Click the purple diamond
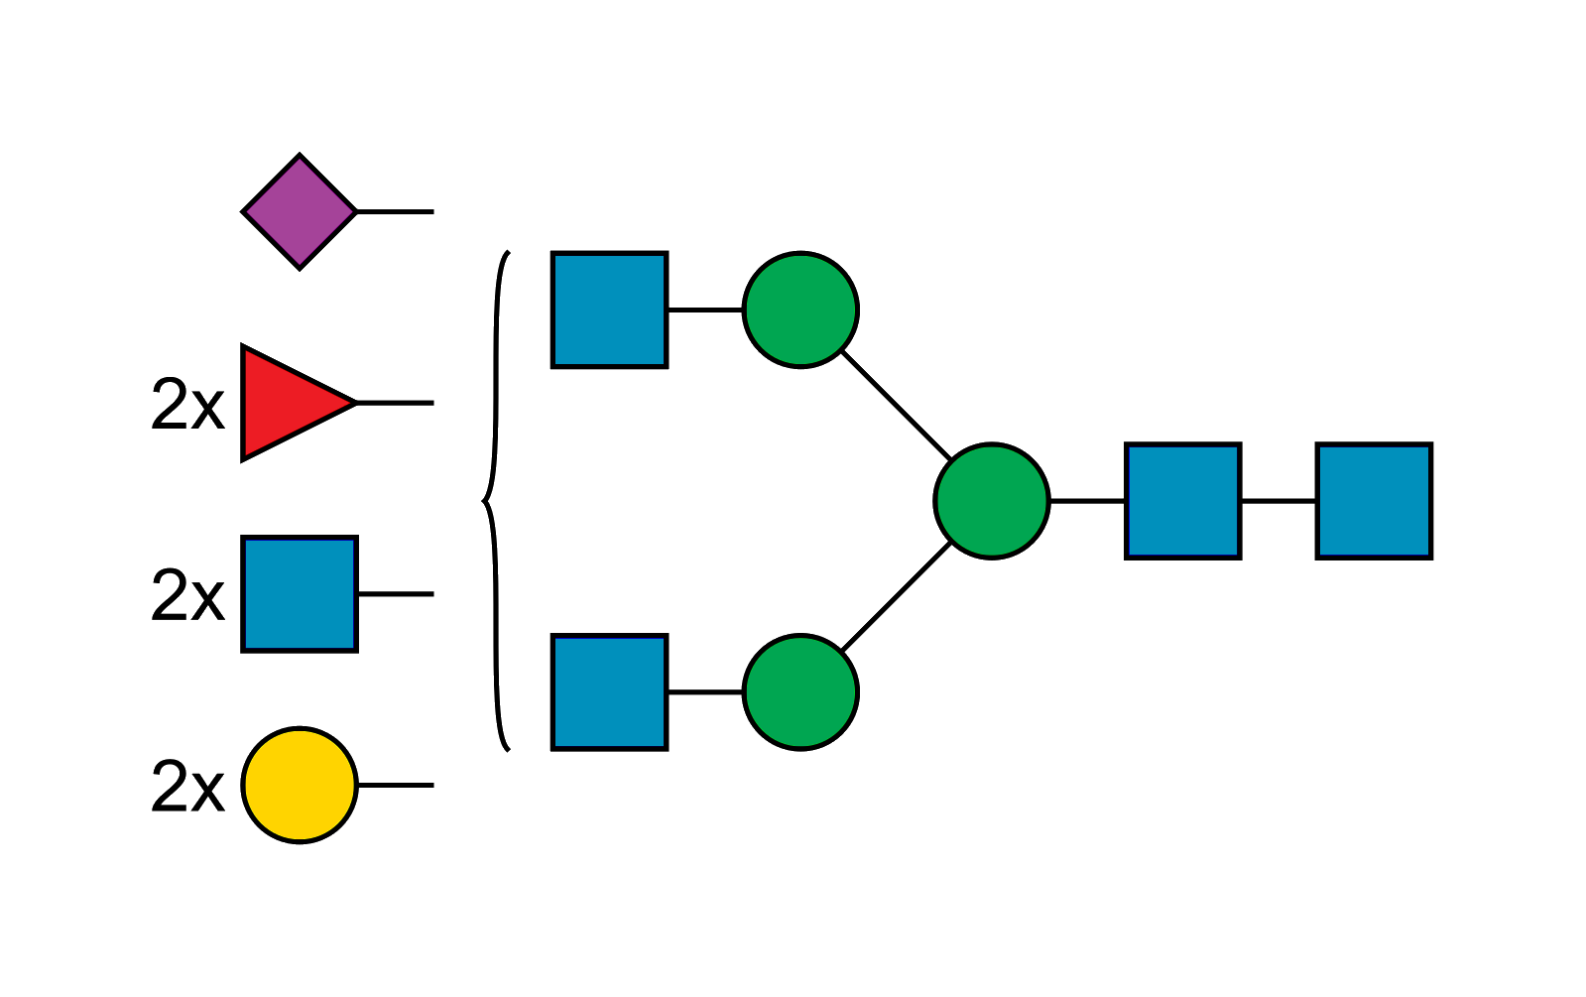pyautogui.click(x=300, y=211)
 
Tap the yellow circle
pyautogui.click(x=300, y=785)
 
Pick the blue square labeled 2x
pyautogui.click(x=300, y=595)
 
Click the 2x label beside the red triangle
pyautogui.click(x=187, y=405)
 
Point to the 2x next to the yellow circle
pyautogui.click(x=187, y=787)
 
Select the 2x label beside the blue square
pyautogui.click(x=187, y=596)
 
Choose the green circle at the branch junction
pyautogui.click(x=991, y=500)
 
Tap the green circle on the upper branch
pyautogui.click(x=800, y=310)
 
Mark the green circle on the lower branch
pyautogui.click(x=800, y=691)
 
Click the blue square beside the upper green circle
pyautogui.click(x=609, y=310)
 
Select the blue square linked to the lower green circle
pyautogui.click(x=609, y=691)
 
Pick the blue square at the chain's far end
pyautogui.click(x=1374, y=500)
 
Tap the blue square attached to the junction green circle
pyautogui.click(x=1183, y=500)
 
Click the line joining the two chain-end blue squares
pyautogui.click(x=1279, y=501)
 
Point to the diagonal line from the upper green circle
pyautogui.click(x=895, y=404)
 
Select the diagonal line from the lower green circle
pyautogui.click(x=897, y=597)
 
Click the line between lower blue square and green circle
pyautogui.click(x=705, y=691)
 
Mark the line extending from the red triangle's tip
pyautogui.click(x=395, y=403)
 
